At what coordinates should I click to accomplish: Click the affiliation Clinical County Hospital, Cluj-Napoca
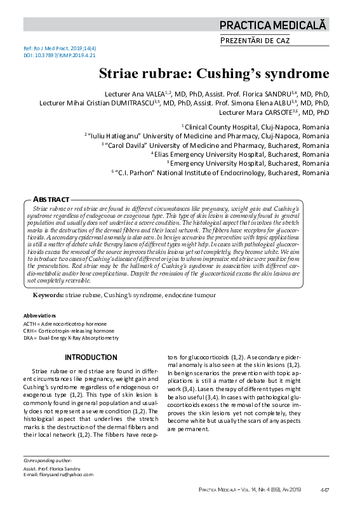[257, 127]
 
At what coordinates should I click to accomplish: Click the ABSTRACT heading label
[51, 199]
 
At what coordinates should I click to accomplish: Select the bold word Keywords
[47, 296]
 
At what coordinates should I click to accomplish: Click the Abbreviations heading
[39, 316]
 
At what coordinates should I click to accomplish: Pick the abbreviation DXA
[29, 338]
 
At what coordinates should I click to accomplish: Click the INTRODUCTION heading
[91, 357]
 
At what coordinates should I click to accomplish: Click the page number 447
[324, 490]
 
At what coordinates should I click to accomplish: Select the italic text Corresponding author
[47, 460]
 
